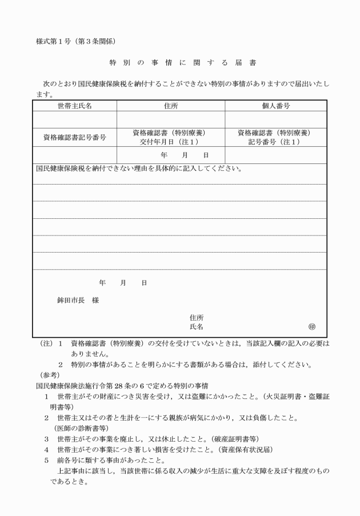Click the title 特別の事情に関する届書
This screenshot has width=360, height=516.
pos(179,62)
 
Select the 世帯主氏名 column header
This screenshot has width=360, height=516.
pos(74,106)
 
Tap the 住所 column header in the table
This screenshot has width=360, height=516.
pos(171,106)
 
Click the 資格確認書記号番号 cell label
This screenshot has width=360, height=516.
pos(74,137)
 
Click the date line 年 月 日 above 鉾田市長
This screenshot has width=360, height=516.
pos(123,283)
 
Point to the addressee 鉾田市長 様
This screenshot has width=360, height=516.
pos(74,300)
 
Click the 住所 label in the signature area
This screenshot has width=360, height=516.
pos(196,317)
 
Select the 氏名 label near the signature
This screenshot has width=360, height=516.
pos(196,326)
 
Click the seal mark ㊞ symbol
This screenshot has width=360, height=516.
pos(311,327)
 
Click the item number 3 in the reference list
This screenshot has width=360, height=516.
pos(46,439)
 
